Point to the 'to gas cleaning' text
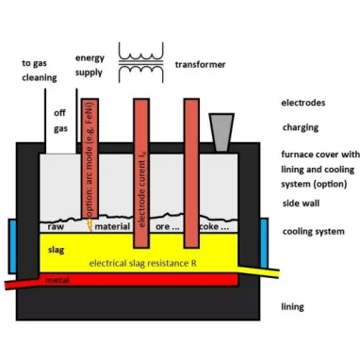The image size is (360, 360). pos(39,71)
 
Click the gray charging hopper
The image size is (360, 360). pos(222,133)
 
